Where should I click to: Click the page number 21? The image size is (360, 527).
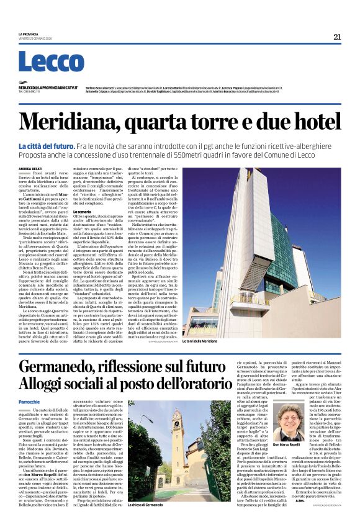click(x=337, y=37)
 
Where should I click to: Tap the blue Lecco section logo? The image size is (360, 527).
click(x=51, y=63)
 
